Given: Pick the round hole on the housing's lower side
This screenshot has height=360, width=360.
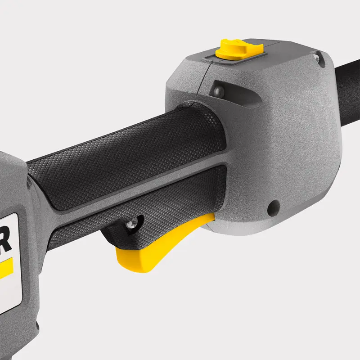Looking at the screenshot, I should [271, 208].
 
